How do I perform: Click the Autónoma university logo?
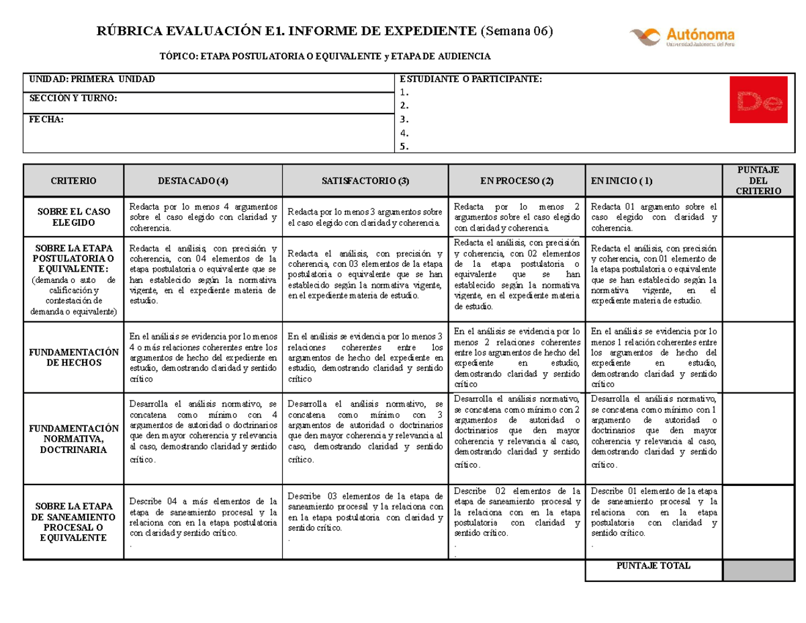682,36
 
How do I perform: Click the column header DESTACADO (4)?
192,181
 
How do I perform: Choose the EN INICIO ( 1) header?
622,181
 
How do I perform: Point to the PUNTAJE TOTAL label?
653,566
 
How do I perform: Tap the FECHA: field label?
46,119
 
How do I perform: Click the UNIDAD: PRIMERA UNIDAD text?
91,79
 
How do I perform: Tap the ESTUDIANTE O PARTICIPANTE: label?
469,79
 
